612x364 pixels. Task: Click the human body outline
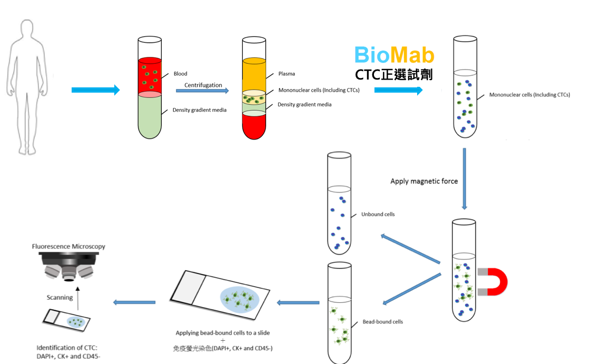[26, 84]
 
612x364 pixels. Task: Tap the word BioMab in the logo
[394, 55]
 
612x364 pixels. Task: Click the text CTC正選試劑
[393, 75]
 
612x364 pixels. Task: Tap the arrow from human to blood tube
[95, 90]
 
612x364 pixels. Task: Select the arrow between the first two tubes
[202, 91]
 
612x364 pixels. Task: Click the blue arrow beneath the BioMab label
[398, 91]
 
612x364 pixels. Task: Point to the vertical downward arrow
[465, 179]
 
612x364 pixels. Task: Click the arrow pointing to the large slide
[298, 303]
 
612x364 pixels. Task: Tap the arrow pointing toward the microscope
[134, 302]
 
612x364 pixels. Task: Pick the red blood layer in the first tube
[150, 77]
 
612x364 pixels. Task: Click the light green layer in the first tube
[150, 116]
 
